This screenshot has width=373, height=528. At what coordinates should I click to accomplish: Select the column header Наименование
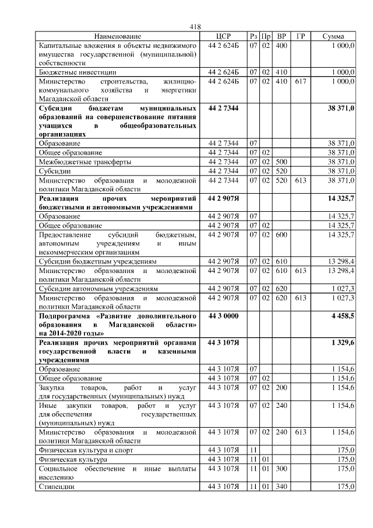pos(117,36)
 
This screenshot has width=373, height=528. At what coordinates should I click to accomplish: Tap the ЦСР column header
pos(224,36)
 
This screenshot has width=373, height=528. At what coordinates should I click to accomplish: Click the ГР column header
pos(301,36)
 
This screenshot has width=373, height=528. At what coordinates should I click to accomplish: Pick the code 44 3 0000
pos(223,315)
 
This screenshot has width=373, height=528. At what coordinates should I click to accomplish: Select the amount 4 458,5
pos(342,315)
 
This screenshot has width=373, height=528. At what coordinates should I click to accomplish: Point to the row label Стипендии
pos(56,486)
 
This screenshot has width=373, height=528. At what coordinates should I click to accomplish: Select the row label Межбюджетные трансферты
pos(85,161)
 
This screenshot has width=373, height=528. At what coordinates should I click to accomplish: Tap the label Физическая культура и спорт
pos(86,450)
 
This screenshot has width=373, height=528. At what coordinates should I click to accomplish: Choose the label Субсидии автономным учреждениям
pos(98,288)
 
